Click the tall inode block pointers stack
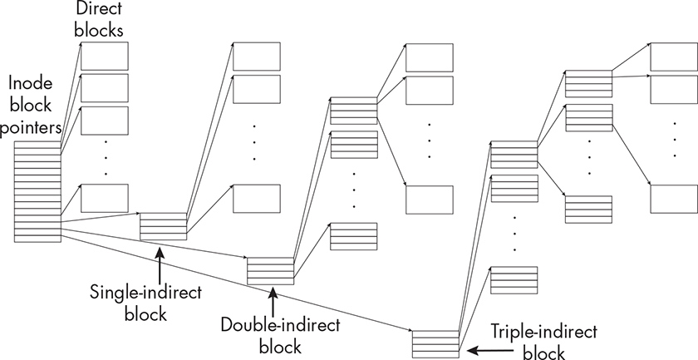tap(37, 191)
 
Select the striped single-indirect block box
tap(163, 226)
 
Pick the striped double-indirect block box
tap(271, 271)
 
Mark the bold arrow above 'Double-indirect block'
tap(271, 301)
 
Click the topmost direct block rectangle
tap(105, 55)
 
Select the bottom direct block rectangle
tap(105, 199)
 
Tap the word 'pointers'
tap(32, 129)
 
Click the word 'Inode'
tap(26, 84)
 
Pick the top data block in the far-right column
tap(674, 56)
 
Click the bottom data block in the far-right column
tap(674, 199)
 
